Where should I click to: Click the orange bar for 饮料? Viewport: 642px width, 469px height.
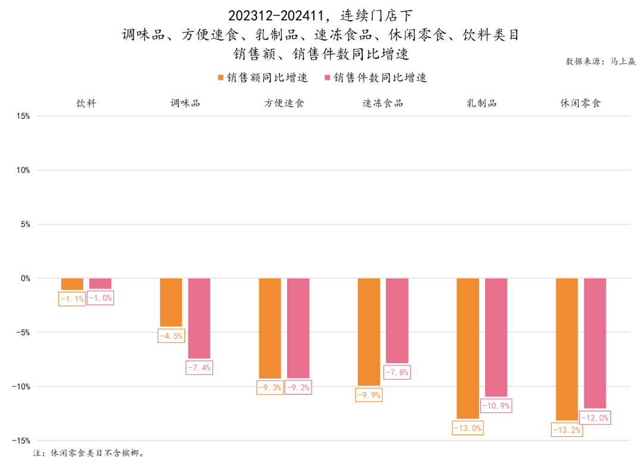[x=72, y=284]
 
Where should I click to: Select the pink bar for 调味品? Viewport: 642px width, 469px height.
[x=199, y=318]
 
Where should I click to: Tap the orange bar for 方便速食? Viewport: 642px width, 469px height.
[x=270, y=328]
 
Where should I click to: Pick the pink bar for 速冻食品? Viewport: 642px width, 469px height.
[x=397, y=320]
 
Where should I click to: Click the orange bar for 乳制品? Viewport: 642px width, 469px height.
[x=468, y=348]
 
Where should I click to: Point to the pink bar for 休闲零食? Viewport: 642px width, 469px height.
[x=595, y=343]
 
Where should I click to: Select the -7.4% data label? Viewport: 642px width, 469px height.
[x=199, y=367]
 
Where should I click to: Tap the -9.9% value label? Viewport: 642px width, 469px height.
[x=368, y=395]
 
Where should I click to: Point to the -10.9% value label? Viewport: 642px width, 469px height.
[x=496, y=406]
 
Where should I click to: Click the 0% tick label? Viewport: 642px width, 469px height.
[x=24, y=279]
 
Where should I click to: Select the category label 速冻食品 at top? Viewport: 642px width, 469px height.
[x=383, y=103]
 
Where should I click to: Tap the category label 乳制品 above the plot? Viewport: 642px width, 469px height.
[x=481, y=103]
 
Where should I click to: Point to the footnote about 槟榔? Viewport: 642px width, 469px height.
[x=89, y=453]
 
